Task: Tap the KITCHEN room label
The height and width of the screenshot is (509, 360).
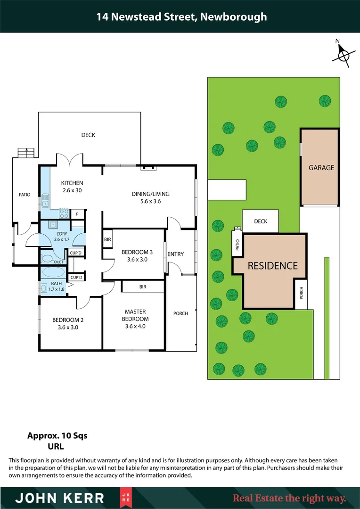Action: pos(72,183)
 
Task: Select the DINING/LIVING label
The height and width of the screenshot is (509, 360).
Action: pos(150,194)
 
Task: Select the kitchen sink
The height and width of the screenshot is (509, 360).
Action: pos(45,203)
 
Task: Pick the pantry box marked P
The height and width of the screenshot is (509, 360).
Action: pos(77,214)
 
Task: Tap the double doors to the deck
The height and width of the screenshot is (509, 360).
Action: pos(70,160)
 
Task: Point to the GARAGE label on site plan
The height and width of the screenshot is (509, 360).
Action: pos(321,167)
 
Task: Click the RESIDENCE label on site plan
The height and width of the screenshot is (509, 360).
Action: pos(272,265)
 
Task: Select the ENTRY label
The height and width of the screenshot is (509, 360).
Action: pos(175,254)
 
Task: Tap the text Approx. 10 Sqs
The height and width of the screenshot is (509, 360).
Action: pos(57,435)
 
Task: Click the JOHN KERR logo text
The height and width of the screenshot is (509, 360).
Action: pos(60,498)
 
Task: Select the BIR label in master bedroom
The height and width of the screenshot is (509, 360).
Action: pos(143,286)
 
